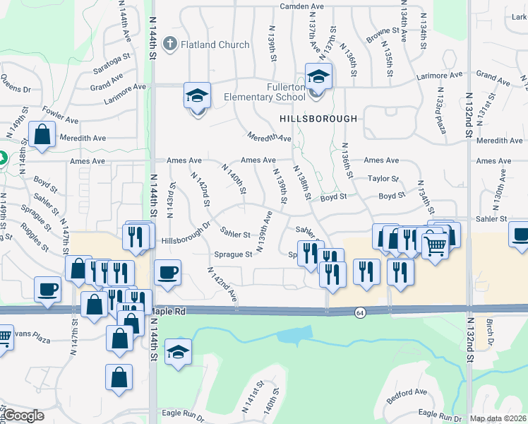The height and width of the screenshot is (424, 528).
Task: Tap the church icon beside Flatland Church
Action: pos(169,45)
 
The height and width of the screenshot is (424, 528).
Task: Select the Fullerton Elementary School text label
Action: pos(266,92)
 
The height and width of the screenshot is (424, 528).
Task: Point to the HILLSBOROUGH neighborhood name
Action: pos(318,118)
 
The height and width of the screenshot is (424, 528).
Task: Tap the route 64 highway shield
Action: pos(360,312)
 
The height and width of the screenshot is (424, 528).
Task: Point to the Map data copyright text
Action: pos(498,418)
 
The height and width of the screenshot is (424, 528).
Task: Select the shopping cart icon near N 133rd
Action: pos(436,245)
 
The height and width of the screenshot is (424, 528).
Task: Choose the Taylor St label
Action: pos(383,179)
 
